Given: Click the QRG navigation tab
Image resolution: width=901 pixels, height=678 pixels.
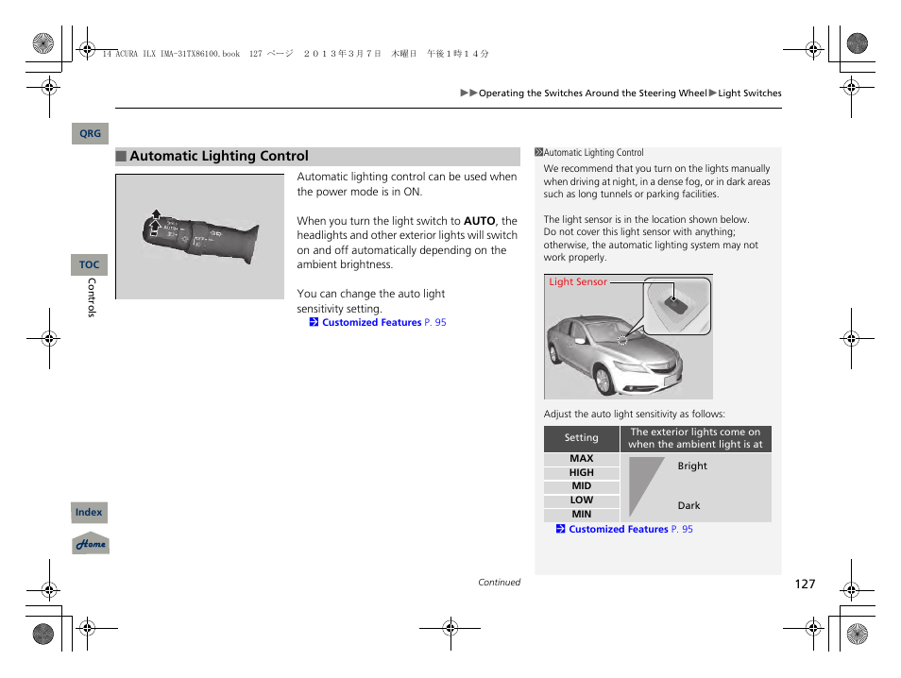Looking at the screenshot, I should click(90, 134).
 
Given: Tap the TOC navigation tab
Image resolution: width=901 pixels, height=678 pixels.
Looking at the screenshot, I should click(89, 265).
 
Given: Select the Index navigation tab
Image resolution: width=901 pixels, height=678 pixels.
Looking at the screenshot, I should click(89, 513).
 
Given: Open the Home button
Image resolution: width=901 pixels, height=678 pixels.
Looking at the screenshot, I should click(91, 544).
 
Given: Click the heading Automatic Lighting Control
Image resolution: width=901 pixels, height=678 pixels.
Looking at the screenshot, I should click(218, 157).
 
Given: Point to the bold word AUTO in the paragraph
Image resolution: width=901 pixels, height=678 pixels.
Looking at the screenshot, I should click(479, 221).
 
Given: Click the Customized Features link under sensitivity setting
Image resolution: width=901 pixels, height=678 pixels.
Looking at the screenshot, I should click(371, 323).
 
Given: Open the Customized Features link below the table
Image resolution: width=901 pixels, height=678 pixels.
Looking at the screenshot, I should click(618, 530).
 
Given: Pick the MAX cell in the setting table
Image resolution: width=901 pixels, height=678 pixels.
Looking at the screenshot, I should click(582, 459).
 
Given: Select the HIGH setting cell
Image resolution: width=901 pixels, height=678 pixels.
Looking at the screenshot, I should click(582, 473).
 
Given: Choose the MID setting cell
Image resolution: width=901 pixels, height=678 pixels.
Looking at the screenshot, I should click(582, 486).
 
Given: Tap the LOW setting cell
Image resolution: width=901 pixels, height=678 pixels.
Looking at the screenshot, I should click(582, 500).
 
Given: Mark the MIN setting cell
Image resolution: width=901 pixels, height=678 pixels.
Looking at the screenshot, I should click(582, 515).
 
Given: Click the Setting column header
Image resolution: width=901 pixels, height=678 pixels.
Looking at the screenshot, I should click(582, 438).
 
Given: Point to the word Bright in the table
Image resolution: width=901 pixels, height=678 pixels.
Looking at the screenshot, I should click(692, 466).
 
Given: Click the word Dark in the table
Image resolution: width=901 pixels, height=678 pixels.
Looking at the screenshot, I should click(689, 506).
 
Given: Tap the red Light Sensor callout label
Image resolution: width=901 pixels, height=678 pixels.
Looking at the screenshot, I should click(578, 282).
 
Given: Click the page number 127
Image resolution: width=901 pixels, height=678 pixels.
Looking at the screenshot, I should click(804, 584).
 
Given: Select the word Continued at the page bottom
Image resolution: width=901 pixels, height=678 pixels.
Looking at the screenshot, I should click(499, 583).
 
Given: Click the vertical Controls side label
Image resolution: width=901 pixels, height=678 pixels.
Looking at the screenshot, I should click(92, 297).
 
